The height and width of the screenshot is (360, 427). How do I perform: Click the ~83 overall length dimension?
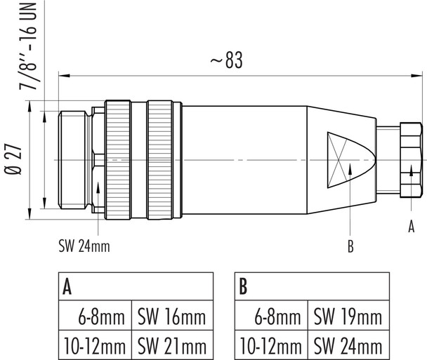(225, 61)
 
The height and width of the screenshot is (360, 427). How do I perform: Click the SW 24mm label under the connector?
(84, 246)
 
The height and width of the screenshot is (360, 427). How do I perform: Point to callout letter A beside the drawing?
(412, 226)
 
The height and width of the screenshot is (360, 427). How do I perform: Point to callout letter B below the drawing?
(350, 246)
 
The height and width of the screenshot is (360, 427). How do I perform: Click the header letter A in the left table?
(67, 287)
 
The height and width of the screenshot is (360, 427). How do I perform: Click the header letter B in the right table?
(243, 287)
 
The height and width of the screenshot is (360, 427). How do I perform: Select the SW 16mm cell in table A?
(171, 317)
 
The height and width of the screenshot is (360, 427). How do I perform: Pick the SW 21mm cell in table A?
(171, 345)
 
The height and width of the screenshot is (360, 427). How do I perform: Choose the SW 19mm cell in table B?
(347, 317)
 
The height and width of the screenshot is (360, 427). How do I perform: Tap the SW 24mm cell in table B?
(347, 345)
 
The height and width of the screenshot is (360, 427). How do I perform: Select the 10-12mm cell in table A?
(94, 345)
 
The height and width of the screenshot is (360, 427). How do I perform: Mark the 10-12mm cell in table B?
(270, 345)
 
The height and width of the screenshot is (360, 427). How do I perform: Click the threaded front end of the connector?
(74, 160)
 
